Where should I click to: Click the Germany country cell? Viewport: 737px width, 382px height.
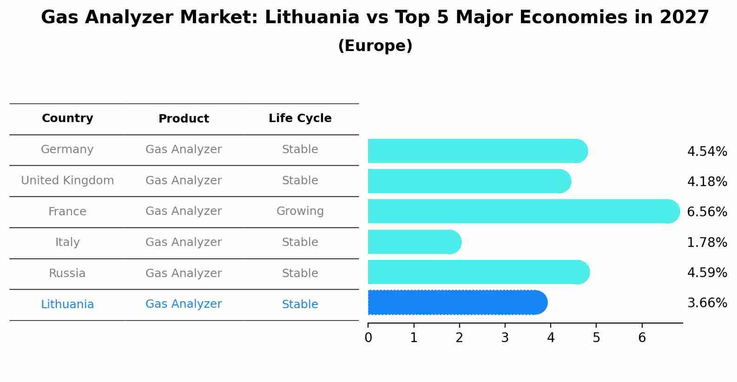point(67,149)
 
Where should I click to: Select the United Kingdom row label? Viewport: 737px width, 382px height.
point(67,181)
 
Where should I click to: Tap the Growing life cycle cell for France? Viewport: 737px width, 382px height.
point(300,211)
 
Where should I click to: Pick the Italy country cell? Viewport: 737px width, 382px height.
point(67,242)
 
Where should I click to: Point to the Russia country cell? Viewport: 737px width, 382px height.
point(67,273)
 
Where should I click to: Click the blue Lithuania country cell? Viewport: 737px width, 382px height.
point(67,304)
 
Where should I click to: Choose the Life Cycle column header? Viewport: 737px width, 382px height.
point(300,118)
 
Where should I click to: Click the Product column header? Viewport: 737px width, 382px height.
point(184,119)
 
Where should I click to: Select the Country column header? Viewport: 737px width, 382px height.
point(67,118)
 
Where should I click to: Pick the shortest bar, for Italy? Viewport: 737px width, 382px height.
point(414,242)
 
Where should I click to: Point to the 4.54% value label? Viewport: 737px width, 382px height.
point(707,152)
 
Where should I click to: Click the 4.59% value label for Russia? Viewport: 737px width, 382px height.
point(707,272)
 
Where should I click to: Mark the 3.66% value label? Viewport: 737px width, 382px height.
point(707,303)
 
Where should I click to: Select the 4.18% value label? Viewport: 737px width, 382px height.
point(707,182)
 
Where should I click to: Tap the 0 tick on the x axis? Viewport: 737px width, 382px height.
point(368,338)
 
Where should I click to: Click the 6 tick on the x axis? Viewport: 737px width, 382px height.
point(642,338)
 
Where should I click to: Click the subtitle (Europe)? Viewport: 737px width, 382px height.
point(375,46)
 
